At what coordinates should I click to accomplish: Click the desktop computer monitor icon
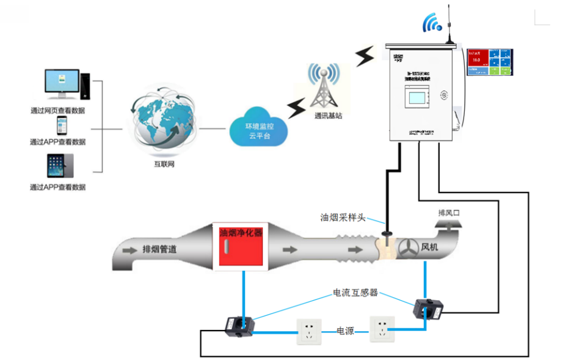tap(63, 84)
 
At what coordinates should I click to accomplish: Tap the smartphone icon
tap(61, 126)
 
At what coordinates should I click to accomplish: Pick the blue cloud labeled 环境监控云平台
tap(260, 128)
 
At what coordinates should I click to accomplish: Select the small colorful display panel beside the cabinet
tap(489, 62)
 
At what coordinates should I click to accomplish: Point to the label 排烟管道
tap(160, 249)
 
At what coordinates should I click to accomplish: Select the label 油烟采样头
tap(343, 218)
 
